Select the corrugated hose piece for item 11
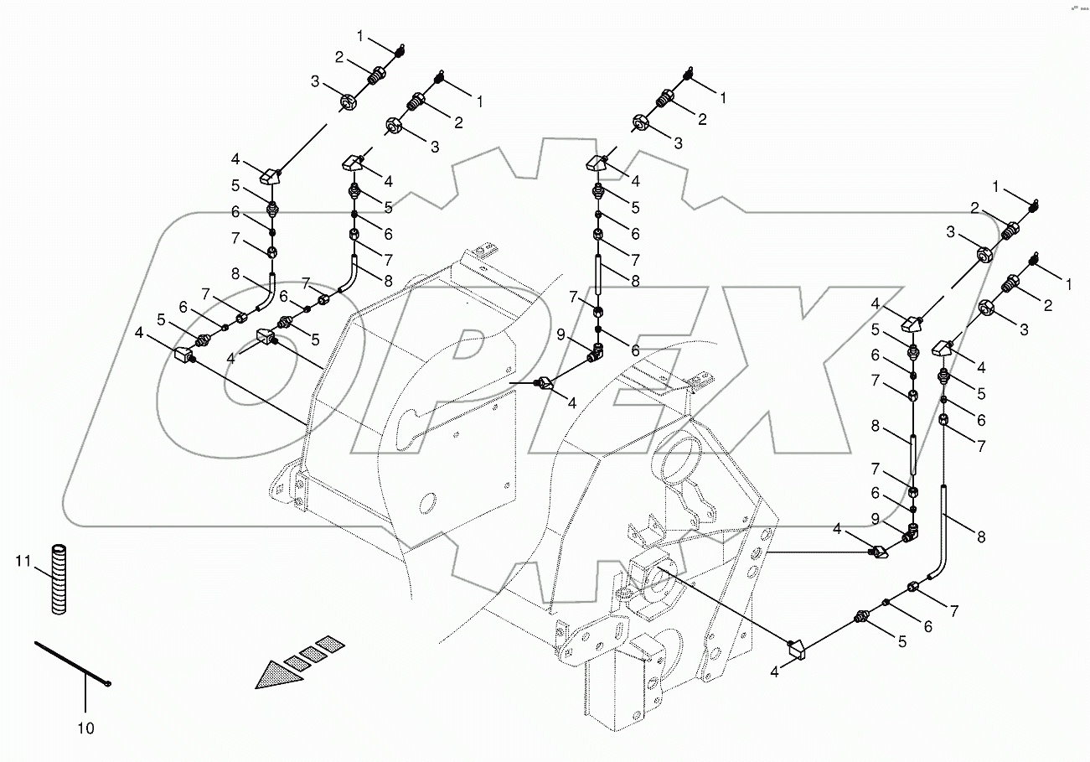(x=58, y=580)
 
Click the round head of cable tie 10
(x=109, y=685)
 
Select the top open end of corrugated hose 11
(x=58, y=547)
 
